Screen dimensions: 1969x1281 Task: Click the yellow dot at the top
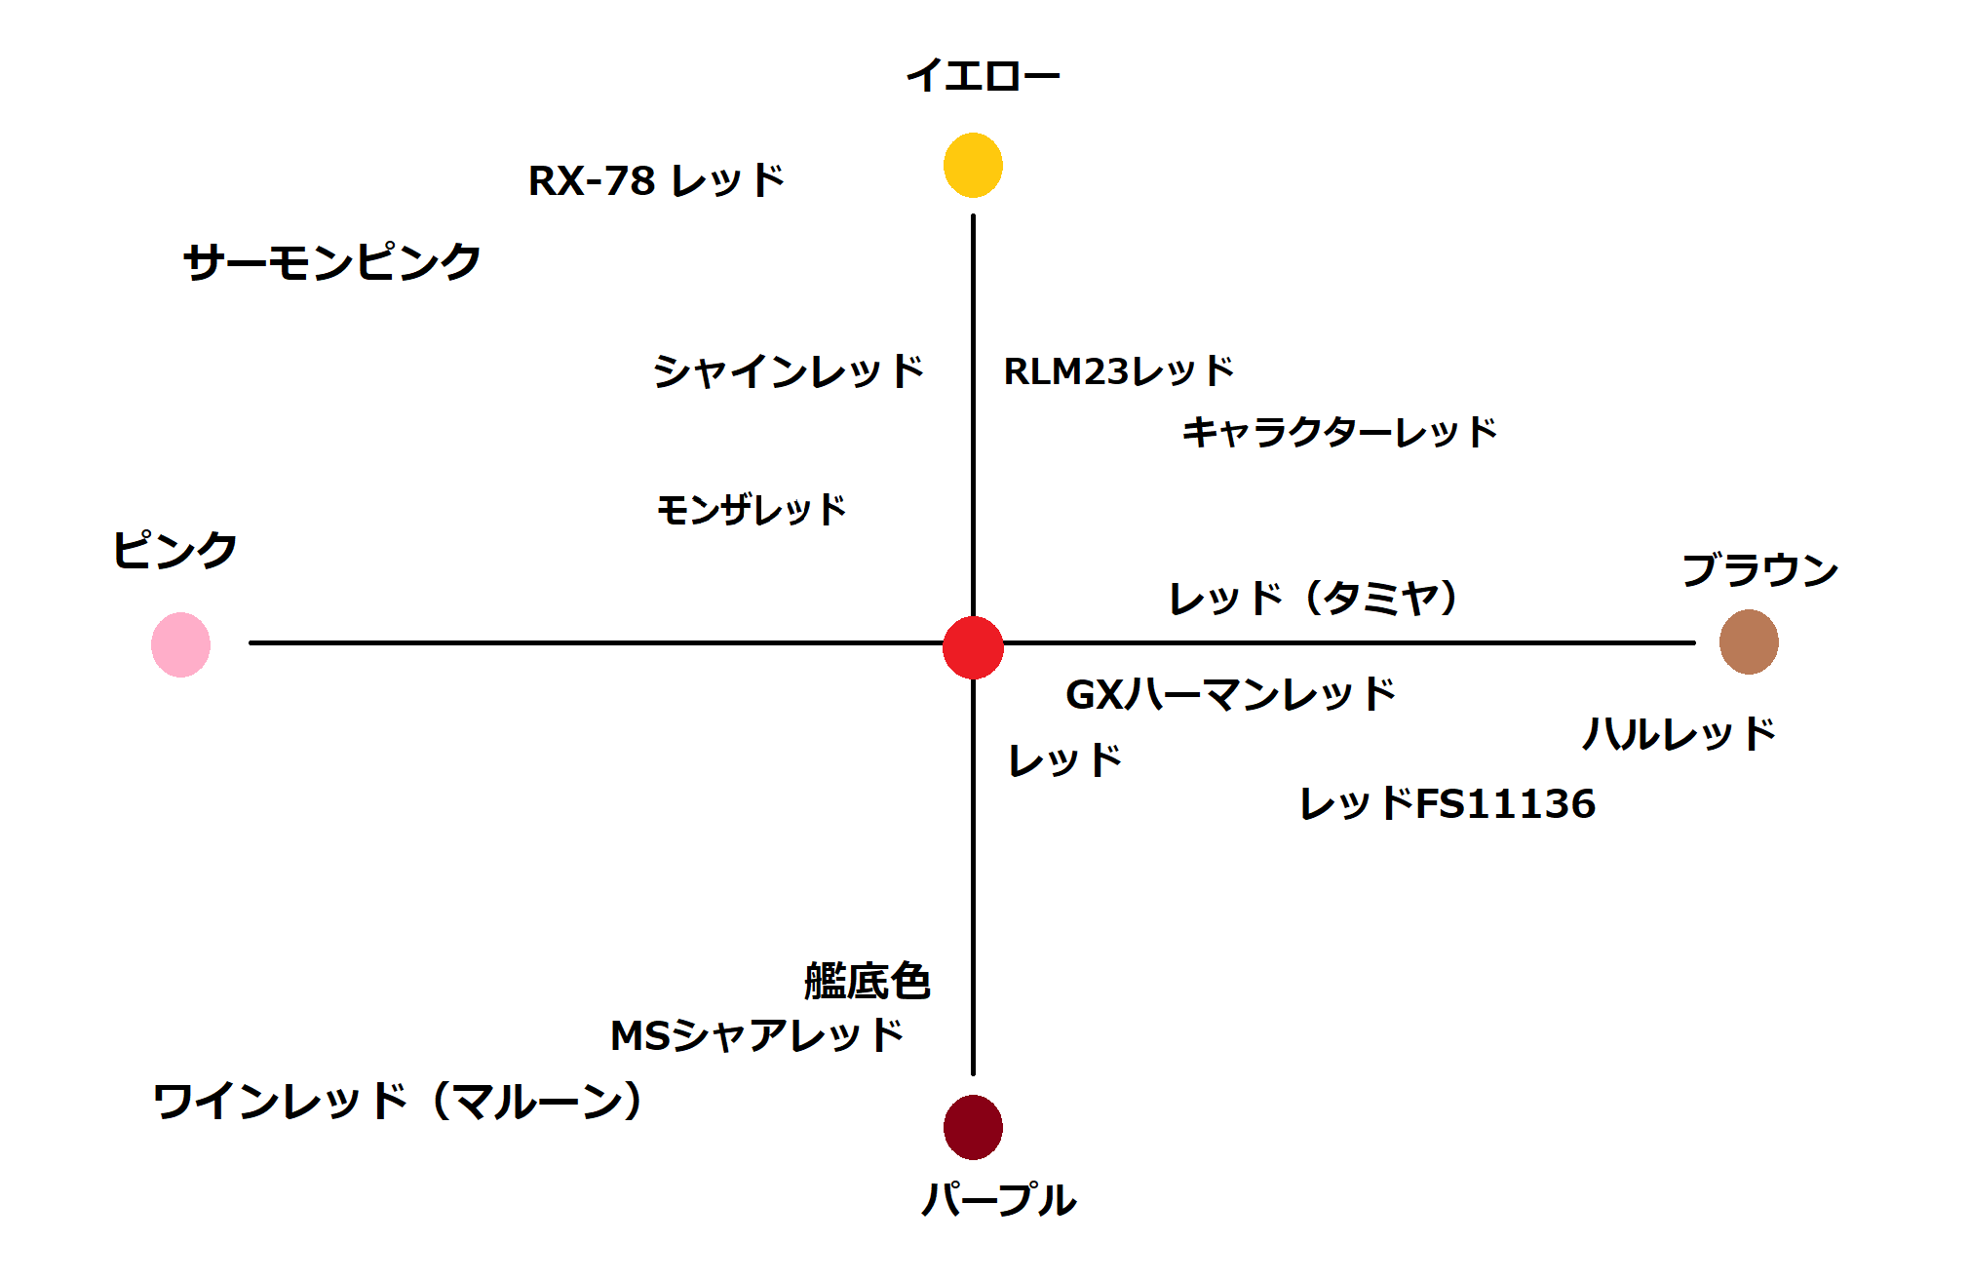pyautogui.click(x=973, y=166)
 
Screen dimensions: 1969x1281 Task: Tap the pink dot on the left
pyautogui.click(x=181, y=644)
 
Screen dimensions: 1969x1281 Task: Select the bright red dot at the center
pyautogui.click(x=973, y=647)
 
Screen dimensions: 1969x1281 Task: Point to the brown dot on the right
pyautogui.click(x=1749, y=642)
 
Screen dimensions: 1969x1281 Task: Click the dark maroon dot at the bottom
pyautogui.click(x=973, y=1127)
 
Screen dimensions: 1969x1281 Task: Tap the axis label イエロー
pyautogui.click(x=983, y=76)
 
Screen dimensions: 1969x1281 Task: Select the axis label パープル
pyautogui.click(x=998, y=1199)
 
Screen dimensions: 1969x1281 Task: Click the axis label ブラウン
pyautogui.click(x=1759, y=570)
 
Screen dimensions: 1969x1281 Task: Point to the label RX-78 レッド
pyautogui.click(x=656, y=181)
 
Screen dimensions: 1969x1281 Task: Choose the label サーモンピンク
pyautogui.click(x=332, y=262)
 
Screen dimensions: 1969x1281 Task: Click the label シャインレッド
pyautogui.click(x=788, y=371)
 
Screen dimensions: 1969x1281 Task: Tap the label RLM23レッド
pyautogui.click(x=1119, y=371)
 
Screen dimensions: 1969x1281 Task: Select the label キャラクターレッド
pyautogui.click(x=1339, y=432)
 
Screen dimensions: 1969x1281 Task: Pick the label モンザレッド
pyautogui.click(x=752, y=510)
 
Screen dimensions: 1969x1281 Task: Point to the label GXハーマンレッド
pyautogui.click(x=1230, y=694)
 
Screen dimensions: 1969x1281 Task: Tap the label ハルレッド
pyautogui.click(x=1679, y=734)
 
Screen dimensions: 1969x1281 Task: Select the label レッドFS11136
pyautogui.click(x=1448, y=804)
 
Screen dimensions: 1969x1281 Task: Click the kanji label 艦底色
pyautogui.click(x=868, y=981)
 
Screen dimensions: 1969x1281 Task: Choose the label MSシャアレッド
pyautogui.click(x=756, y=1035)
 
